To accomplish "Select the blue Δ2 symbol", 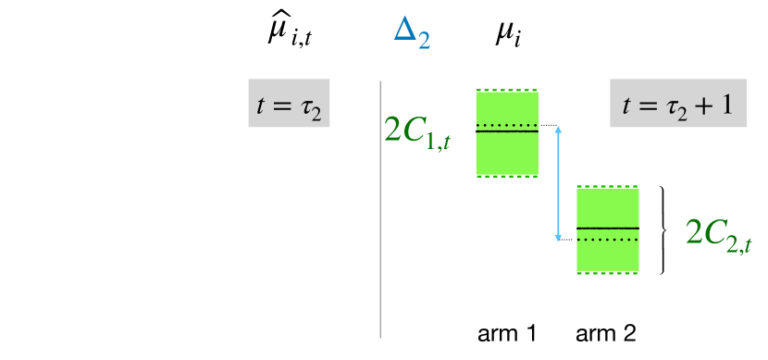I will [411, 35].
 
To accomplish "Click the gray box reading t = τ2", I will [290, 105].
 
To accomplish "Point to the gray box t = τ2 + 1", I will [678, 105].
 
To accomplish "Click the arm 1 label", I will [506, 332].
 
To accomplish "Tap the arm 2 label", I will [606, 332].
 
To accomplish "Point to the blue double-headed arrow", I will [558, 182].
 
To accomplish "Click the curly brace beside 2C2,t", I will [663, 230].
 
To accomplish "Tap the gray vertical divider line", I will [381, 208].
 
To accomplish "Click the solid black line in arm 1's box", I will [506, 131].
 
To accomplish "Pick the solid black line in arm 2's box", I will [607, 228].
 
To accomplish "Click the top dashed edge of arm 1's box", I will [506, 91].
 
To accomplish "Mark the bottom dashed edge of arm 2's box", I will [607, 273].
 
